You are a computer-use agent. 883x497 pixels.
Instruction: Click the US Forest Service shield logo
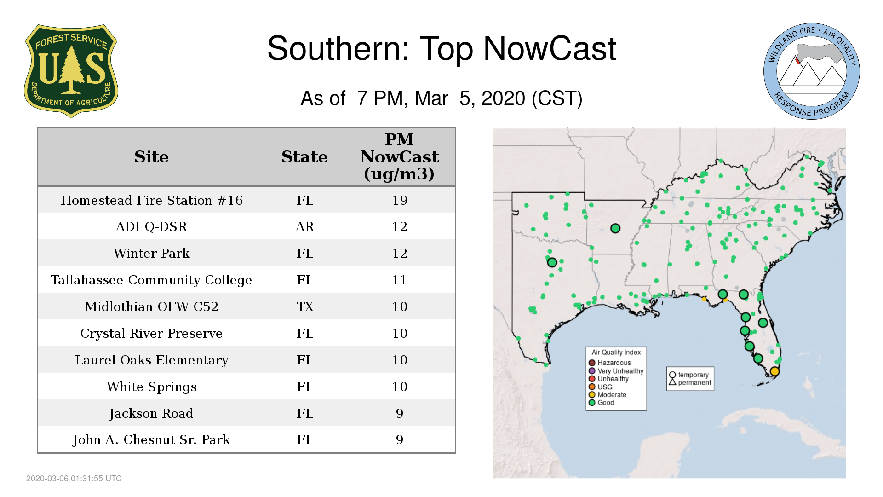point(71,71)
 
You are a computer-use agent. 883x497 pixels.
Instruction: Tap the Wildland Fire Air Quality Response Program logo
point(811,71)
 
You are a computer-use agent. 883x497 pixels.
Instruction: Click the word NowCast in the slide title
point(550,48)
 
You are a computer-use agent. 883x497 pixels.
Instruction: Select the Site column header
point(151,157)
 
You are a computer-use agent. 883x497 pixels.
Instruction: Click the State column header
point(304,157)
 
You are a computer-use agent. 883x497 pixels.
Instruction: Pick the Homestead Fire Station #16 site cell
point(151,200)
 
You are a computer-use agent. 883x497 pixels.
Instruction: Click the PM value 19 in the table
point(400,200)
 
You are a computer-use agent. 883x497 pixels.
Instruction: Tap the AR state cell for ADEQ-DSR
point(304,226)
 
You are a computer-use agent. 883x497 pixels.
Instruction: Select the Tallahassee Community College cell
point(151,280)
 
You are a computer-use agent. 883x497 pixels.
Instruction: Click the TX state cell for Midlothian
point(305,306)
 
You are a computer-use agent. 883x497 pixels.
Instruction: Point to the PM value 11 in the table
point(400,280)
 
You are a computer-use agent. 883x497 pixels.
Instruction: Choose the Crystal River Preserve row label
point(151,333)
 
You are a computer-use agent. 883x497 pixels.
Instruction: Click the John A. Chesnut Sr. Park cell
point(151,439)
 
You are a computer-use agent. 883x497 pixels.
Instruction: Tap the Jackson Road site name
point(151,413)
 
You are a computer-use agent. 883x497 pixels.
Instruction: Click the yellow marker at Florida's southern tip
point(774,371)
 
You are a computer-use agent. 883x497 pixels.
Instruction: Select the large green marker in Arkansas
point(615,228)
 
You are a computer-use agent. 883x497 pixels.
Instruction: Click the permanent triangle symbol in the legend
point(672,382)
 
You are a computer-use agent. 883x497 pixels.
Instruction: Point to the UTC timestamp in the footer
point(74,479)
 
